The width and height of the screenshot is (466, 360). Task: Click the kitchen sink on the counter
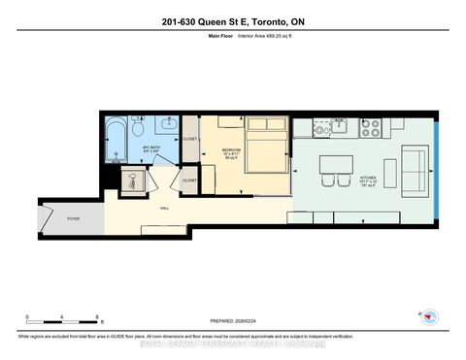point(339,125)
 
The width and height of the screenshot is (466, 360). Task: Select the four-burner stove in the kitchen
point(372,125)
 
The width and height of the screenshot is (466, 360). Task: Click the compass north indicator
point(426,317)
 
